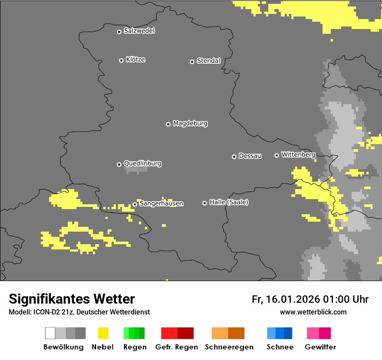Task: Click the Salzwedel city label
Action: [x=139, y=31]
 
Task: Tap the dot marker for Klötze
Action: [x=121, y=60]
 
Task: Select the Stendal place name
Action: [x=208, y=61]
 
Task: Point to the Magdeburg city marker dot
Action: [x=168, y=124]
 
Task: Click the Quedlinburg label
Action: [x=142, y=164]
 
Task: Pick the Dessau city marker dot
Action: [x=234, y=157]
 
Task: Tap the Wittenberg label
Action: [x=298, y=154]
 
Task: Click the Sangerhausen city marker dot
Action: [x=135, y=204]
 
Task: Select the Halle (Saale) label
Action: [x=229, y=202]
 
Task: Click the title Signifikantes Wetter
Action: [x=72, y=299]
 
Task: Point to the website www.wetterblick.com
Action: [x=313, y=312]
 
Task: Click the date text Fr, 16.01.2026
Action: [x=286, y=299]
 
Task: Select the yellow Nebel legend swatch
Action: [x=103, y=333]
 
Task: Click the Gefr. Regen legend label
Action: [x=177, y=347]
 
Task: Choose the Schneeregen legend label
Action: [x=229, y=347]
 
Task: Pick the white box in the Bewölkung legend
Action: [x=50, y=333]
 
